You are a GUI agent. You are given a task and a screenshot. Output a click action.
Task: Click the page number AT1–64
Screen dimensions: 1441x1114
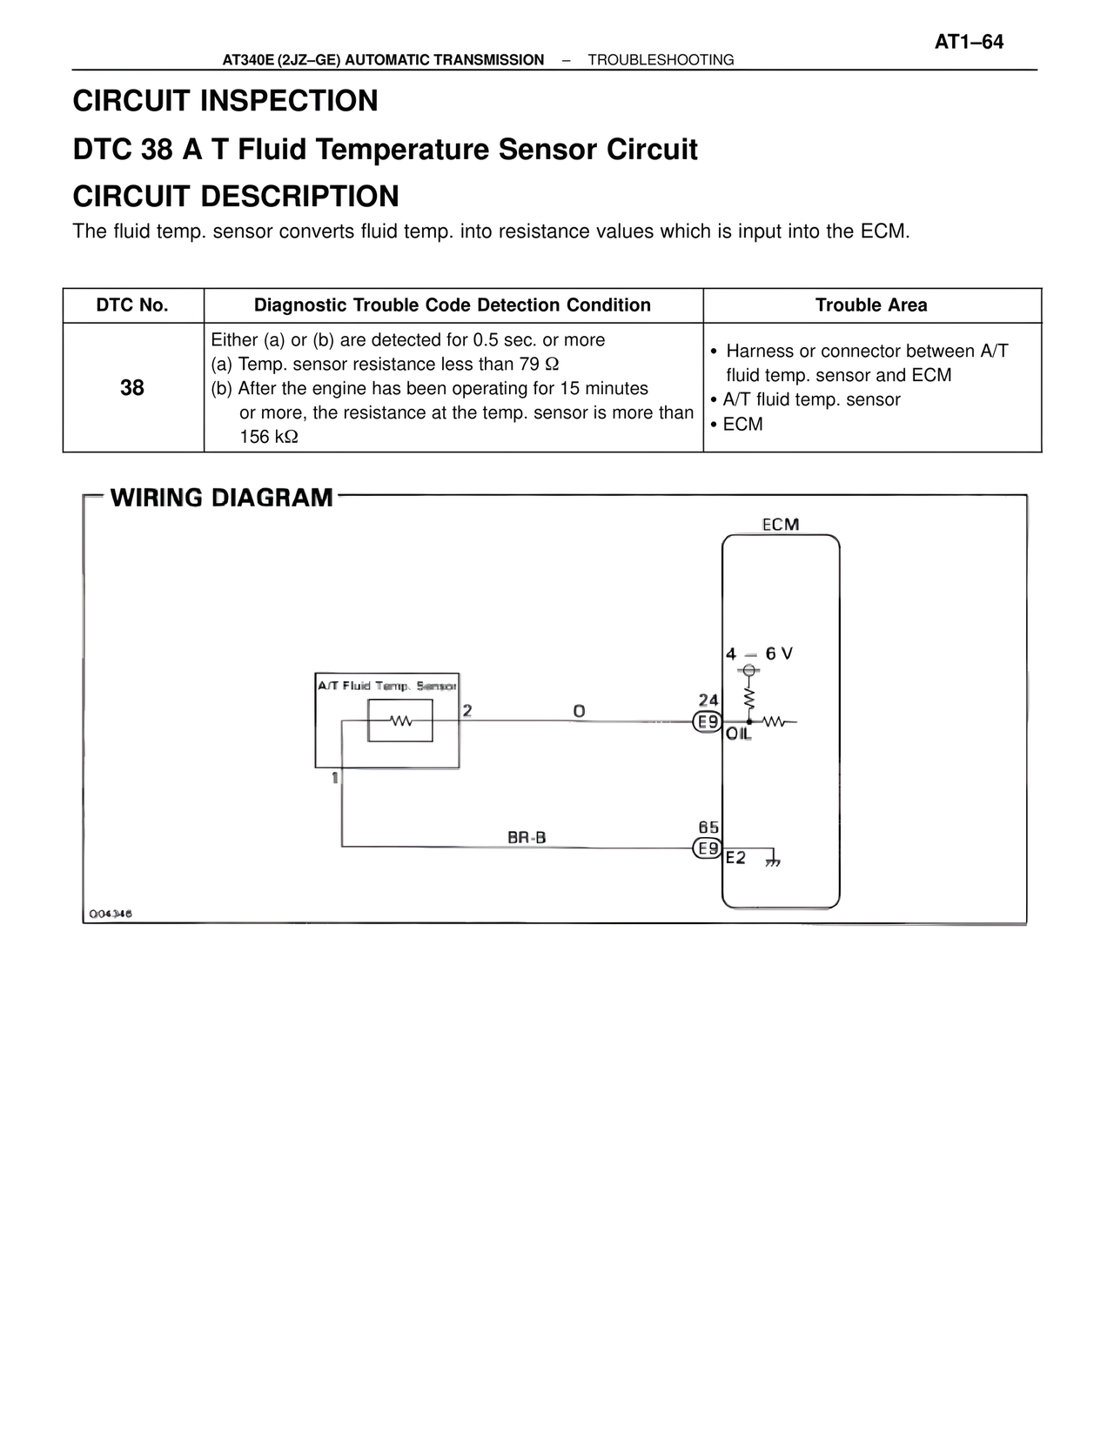[969, 42]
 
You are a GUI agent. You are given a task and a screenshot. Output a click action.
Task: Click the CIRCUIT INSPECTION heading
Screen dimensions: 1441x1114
[225, 101]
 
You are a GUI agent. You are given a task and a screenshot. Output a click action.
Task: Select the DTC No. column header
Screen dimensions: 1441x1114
[132, 305]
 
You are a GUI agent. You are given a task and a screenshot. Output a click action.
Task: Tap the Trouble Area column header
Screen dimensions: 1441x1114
[871, 305]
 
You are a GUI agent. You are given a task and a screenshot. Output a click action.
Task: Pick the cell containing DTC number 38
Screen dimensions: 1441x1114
[132, 388]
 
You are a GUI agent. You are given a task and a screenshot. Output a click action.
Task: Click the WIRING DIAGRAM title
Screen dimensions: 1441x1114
[222, 498]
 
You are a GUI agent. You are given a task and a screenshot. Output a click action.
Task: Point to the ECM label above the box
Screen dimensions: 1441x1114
[781, 524]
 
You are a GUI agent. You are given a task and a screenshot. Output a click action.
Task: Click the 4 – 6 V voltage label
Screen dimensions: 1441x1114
[759, 653]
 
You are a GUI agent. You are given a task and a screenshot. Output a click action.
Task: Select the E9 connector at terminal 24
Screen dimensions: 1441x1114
[708, 722]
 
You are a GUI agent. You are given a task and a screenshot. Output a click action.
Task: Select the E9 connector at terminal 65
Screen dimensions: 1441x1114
[708, 848]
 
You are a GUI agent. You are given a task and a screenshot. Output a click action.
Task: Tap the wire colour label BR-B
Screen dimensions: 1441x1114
[527, 838]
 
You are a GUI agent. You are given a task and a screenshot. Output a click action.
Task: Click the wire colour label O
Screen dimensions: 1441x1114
[579, 712]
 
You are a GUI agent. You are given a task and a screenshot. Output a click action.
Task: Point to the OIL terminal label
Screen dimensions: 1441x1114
[738, 734]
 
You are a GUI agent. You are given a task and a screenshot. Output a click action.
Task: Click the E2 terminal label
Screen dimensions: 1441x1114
[735, 858]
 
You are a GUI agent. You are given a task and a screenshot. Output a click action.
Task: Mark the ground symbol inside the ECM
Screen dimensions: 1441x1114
[772, 861]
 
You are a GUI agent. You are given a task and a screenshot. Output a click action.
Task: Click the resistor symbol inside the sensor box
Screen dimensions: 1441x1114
[401, 721]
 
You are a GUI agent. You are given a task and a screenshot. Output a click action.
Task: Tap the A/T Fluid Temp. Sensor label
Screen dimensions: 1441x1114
[387, 686]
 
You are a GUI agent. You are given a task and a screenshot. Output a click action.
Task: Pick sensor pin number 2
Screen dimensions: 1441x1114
[467, 711]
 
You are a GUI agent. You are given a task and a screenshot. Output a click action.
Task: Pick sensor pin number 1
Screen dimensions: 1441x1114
[335, 778]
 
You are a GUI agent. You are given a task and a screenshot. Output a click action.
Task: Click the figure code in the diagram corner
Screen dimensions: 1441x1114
[110, 914]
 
